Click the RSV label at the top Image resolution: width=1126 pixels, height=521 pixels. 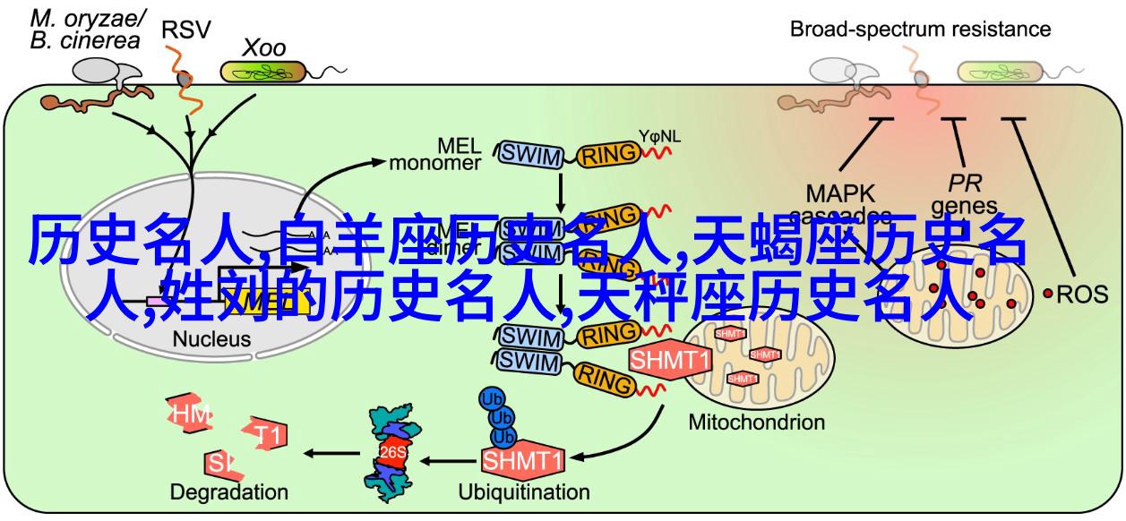[185, 30]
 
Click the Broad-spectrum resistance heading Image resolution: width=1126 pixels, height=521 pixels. [919, 30]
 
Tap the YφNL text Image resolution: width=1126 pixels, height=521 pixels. [659, 136]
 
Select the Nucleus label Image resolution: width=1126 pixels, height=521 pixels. [211, 339]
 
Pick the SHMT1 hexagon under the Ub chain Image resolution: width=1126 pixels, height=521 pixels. [523, 460]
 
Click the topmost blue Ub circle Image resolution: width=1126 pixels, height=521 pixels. [492, 397]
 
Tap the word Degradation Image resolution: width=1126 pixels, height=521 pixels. [228, 491]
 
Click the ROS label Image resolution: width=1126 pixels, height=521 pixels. [1083, 293]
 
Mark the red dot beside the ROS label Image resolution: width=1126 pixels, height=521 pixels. [1048, 293]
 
